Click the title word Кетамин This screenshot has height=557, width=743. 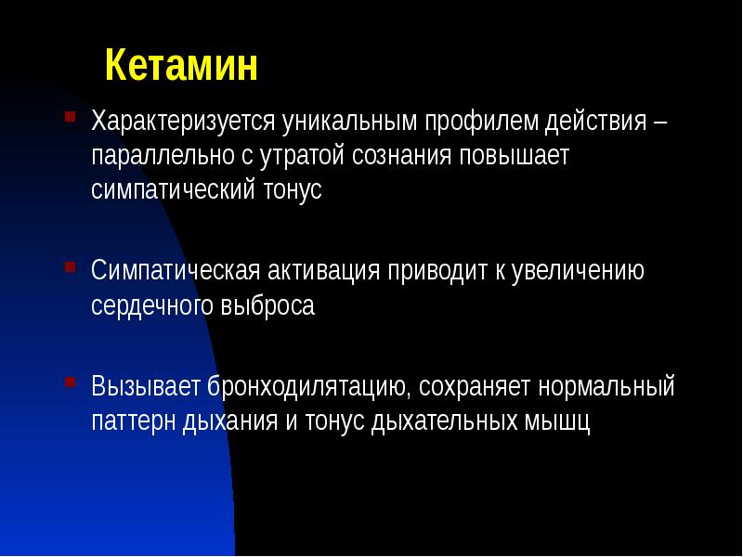click(180, 67)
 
